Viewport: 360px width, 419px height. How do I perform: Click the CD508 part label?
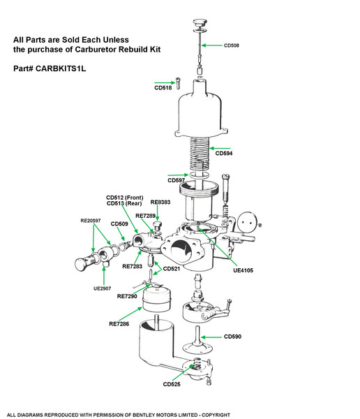coord(231,45)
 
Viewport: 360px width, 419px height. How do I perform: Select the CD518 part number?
coord(163,88)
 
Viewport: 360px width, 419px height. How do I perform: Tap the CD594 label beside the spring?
coord(224,153)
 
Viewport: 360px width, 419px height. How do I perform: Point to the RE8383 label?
coord(160,202)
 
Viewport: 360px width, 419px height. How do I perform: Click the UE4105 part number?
coord(243,270)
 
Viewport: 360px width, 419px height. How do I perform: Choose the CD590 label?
coord(232,337)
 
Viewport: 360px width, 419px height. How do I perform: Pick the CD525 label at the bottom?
coord(172,384)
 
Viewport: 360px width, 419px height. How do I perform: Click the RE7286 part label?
coord(119,324)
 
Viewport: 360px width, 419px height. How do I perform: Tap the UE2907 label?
coord(102,288)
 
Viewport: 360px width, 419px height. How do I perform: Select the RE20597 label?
coord(91,221)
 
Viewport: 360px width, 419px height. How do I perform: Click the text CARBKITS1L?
coord(61,68)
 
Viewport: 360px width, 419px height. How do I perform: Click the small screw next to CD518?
coord(178,83)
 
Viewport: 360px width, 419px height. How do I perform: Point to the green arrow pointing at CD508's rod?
coord(212,45)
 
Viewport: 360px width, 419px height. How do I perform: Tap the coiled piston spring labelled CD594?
coord(200,154)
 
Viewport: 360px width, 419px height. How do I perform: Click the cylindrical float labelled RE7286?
coord(156,298)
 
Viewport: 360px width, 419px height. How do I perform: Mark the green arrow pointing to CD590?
coord(211,337)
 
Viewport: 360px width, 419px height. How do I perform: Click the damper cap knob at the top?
coord(200,22)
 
